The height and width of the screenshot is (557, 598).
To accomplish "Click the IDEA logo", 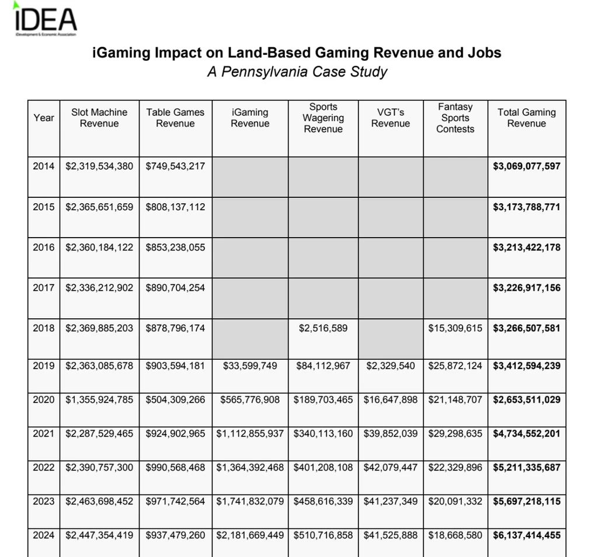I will coord(44,19).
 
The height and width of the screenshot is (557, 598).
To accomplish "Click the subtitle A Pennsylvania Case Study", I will coord(297,72).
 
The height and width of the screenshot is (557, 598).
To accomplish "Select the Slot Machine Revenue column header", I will coord(99,118).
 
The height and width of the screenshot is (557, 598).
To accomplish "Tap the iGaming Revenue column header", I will coord(250,118).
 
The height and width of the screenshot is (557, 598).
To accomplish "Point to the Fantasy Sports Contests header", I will coord(455,118).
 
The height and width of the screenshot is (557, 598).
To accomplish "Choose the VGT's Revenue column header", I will coord(391,118).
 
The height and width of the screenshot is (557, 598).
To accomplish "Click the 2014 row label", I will coord(44,166).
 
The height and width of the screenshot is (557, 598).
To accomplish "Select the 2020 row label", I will coord(44,399).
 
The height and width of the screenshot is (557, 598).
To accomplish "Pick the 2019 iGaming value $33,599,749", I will coord(250,365).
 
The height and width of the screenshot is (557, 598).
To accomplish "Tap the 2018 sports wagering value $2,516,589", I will coord(323,328).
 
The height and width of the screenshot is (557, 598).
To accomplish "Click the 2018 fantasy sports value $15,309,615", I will coord(456,328).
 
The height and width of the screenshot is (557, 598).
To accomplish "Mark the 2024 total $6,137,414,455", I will coord(527,535).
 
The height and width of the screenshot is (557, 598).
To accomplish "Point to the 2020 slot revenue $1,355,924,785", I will coord(99,399).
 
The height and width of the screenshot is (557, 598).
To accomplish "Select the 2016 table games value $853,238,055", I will coord(175,247).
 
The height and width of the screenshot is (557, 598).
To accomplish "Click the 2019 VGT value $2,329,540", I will coord(391,365).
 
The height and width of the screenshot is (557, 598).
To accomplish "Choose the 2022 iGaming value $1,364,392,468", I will coord(250,467).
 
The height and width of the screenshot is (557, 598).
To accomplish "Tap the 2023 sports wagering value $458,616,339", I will coord(323,501).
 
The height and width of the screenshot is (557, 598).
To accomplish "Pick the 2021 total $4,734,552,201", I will coord(527,433).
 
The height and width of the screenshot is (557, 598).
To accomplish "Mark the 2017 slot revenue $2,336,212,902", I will coord(99,287).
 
